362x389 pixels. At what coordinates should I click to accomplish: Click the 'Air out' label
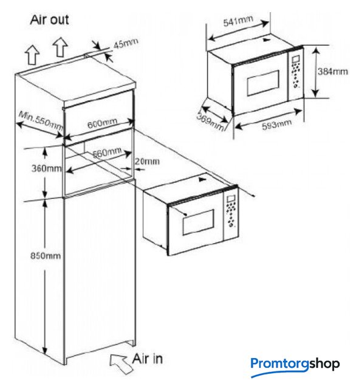49,19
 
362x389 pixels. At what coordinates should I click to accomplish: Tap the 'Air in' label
147,359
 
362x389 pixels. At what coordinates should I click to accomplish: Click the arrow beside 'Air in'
120,363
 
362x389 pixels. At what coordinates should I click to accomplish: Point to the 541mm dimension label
238,21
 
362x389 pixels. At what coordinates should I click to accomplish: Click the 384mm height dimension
333,72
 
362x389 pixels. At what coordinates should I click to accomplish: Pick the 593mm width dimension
277,124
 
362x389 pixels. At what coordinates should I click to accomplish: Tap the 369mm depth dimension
210,122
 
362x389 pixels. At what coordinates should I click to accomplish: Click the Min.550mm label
41,120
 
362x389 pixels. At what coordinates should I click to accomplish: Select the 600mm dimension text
102,123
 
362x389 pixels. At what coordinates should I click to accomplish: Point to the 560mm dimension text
107,153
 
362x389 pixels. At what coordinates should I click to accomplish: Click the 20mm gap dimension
147,161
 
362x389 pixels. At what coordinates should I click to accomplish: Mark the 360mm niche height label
46,168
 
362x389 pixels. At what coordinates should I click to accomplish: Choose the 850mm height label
46,255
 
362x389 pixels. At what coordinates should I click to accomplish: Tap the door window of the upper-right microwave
264,83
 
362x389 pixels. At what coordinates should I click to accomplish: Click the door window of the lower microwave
199,222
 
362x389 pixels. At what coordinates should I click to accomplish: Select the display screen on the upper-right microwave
296,60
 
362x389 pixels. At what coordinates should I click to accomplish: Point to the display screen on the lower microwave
231,199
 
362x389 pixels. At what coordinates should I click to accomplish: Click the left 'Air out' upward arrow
32,55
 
